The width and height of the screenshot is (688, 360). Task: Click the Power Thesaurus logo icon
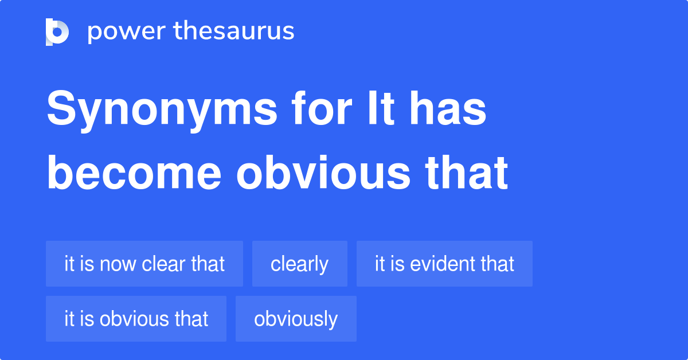point(57,32)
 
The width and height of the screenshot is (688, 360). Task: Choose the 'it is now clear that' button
point(144,264)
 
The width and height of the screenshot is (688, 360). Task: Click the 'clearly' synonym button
point(299,264)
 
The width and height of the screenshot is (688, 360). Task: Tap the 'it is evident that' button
point(444,264)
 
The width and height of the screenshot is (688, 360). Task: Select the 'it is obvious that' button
point(136,319)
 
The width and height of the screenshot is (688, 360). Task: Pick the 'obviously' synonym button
point(296,319)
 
